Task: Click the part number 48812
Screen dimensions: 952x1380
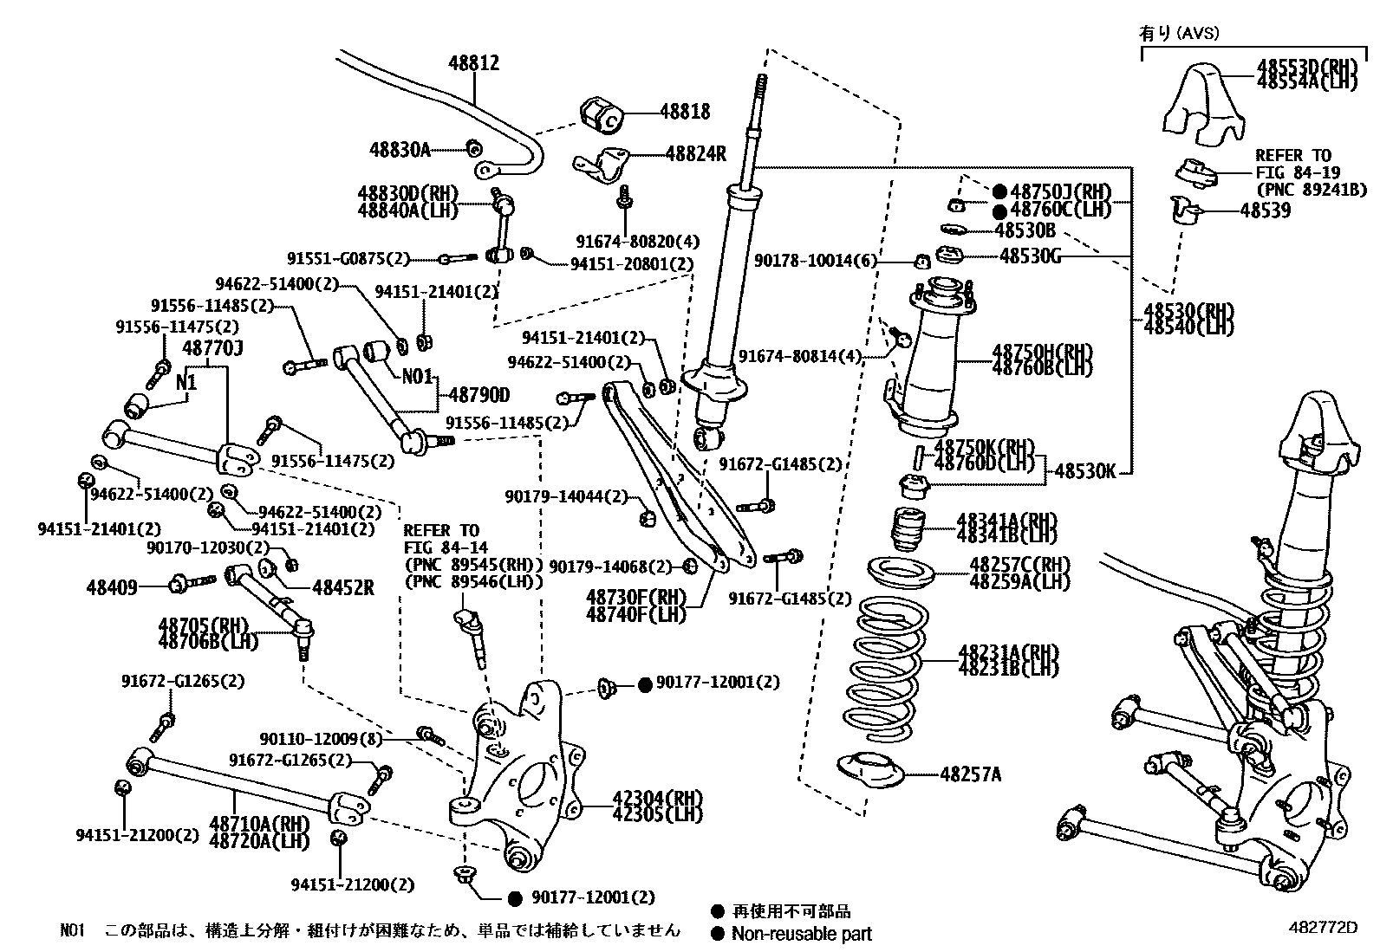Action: (473, 63)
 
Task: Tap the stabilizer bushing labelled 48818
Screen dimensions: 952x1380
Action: (601, 116)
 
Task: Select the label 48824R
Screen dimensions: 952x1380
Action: (695, 154)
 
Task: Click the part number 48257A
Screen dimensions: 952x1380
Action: (970, 774)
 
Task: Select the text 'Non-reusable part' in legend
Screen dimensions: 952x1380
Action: (801, 934)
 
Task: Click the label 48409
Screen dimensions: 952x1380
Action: (112, 587)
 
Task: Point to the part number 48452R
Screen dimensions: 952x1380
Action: (342, 587)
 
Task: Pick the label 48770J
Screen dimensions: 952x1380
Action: (212, 348)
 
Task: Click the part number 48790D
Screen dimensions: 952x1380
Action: (478, 396)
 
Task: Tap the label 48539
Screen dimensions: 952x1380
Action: (1265, 210)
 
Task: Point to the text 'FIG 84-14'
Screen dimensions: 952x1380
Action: (446, 547)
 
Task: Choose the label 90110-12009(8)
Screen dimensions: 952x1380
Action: (321, 739)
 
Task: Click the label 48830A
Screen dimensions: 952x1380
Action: (400, 150)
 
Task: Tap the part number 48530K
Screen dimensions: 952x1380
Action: (1084, 471)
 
